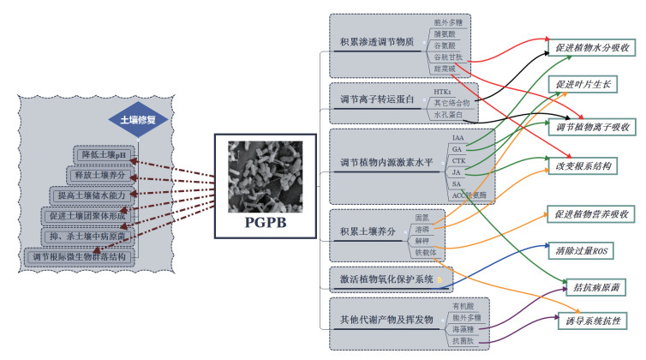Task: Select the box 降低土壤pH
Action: (104, 155)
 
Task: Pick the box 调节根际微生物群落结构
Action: (80, 255)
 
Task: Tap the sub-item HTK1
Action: (442, 91)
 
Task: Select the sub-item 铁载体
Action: (426, 253)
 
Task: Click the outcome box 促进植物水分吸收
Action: (590, 48)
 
